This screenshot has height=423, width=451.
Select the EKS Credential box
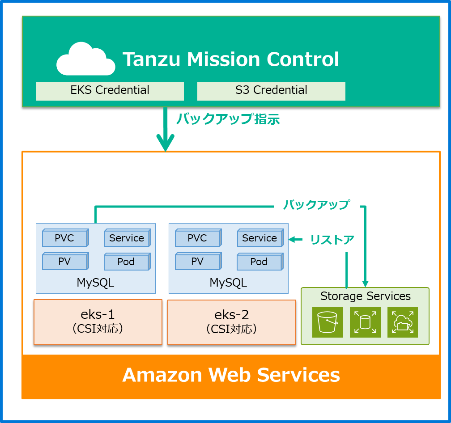tap(110, 91)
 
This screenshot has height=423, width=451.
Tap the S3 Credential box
tap(271, 91)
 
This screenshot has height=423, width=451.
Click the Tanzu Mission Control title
tap(231, 59)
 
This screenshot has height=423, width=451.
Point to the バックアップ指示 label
tap(228, 119)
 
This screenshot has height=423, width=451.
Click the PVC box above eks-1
tap(65, 238)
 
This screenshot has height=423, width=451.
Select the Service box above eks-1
tap(127, 238)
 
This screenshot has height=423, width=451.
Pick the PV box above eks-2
tap(198, 261)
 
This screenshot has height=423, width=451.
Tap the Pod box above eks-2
tap(259, 262)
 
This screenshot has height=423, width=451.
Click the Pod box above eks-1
tap(126, 262)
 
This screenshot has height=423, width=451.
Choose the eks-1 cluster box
tap(98, 322)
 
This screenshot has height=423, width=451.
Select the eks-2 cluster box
tap(231, 322)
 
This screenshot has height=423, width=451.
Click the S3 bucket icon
tap(328, 322)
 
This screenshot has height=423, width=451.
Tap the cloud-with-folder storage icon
tap(403, 322)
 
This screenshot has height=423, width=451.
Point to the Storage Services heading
tap(365, 296)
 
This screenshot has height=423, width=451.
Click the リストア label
tap(332, 240)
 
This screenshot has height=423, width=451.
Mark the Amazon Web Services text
tap(231, 375)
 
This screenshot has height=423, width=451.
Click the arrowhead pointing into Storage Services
tap(365, 283)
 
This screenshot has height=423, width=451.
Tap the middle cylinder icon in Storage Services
tap(365, 322)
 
